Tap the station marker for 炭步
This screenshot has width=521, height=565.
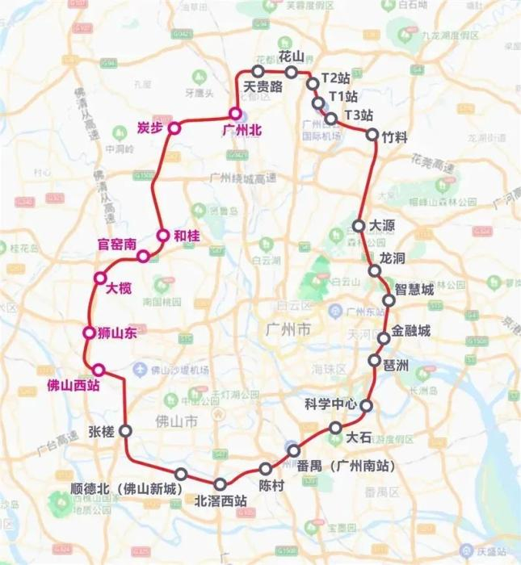pyautogui.click(x=174, y=128)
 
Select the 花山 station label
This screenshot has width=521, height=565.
pyautogui.click(x=291, y=56)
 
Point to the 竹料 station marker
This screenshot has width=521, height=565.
pyautogui.click(x=372, y=135)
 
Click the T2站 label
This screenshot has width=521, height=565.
pyautogui.click(x=335, y=78)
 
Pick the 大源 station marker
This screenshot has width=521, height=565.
pyautogui.click(x=359, y=225)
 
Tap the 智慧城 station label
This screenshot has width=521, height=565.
pyautogui.click(x=413, y=289)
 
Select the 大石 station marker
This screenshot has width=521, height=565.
pyautogui.click(x=336, y=427)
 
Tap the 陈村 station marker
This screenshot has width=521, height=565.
pyautogui.click(x=266, y=469)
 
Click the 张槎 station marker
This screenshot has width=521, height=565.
pyautogui.click(x=125, y=432)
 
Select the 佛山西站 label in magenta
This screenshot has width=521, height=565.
pyautogui.click(x=74, y=386)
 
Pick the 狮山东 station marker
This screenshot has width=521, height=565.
pyautogui.click(x=90, y=333)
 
